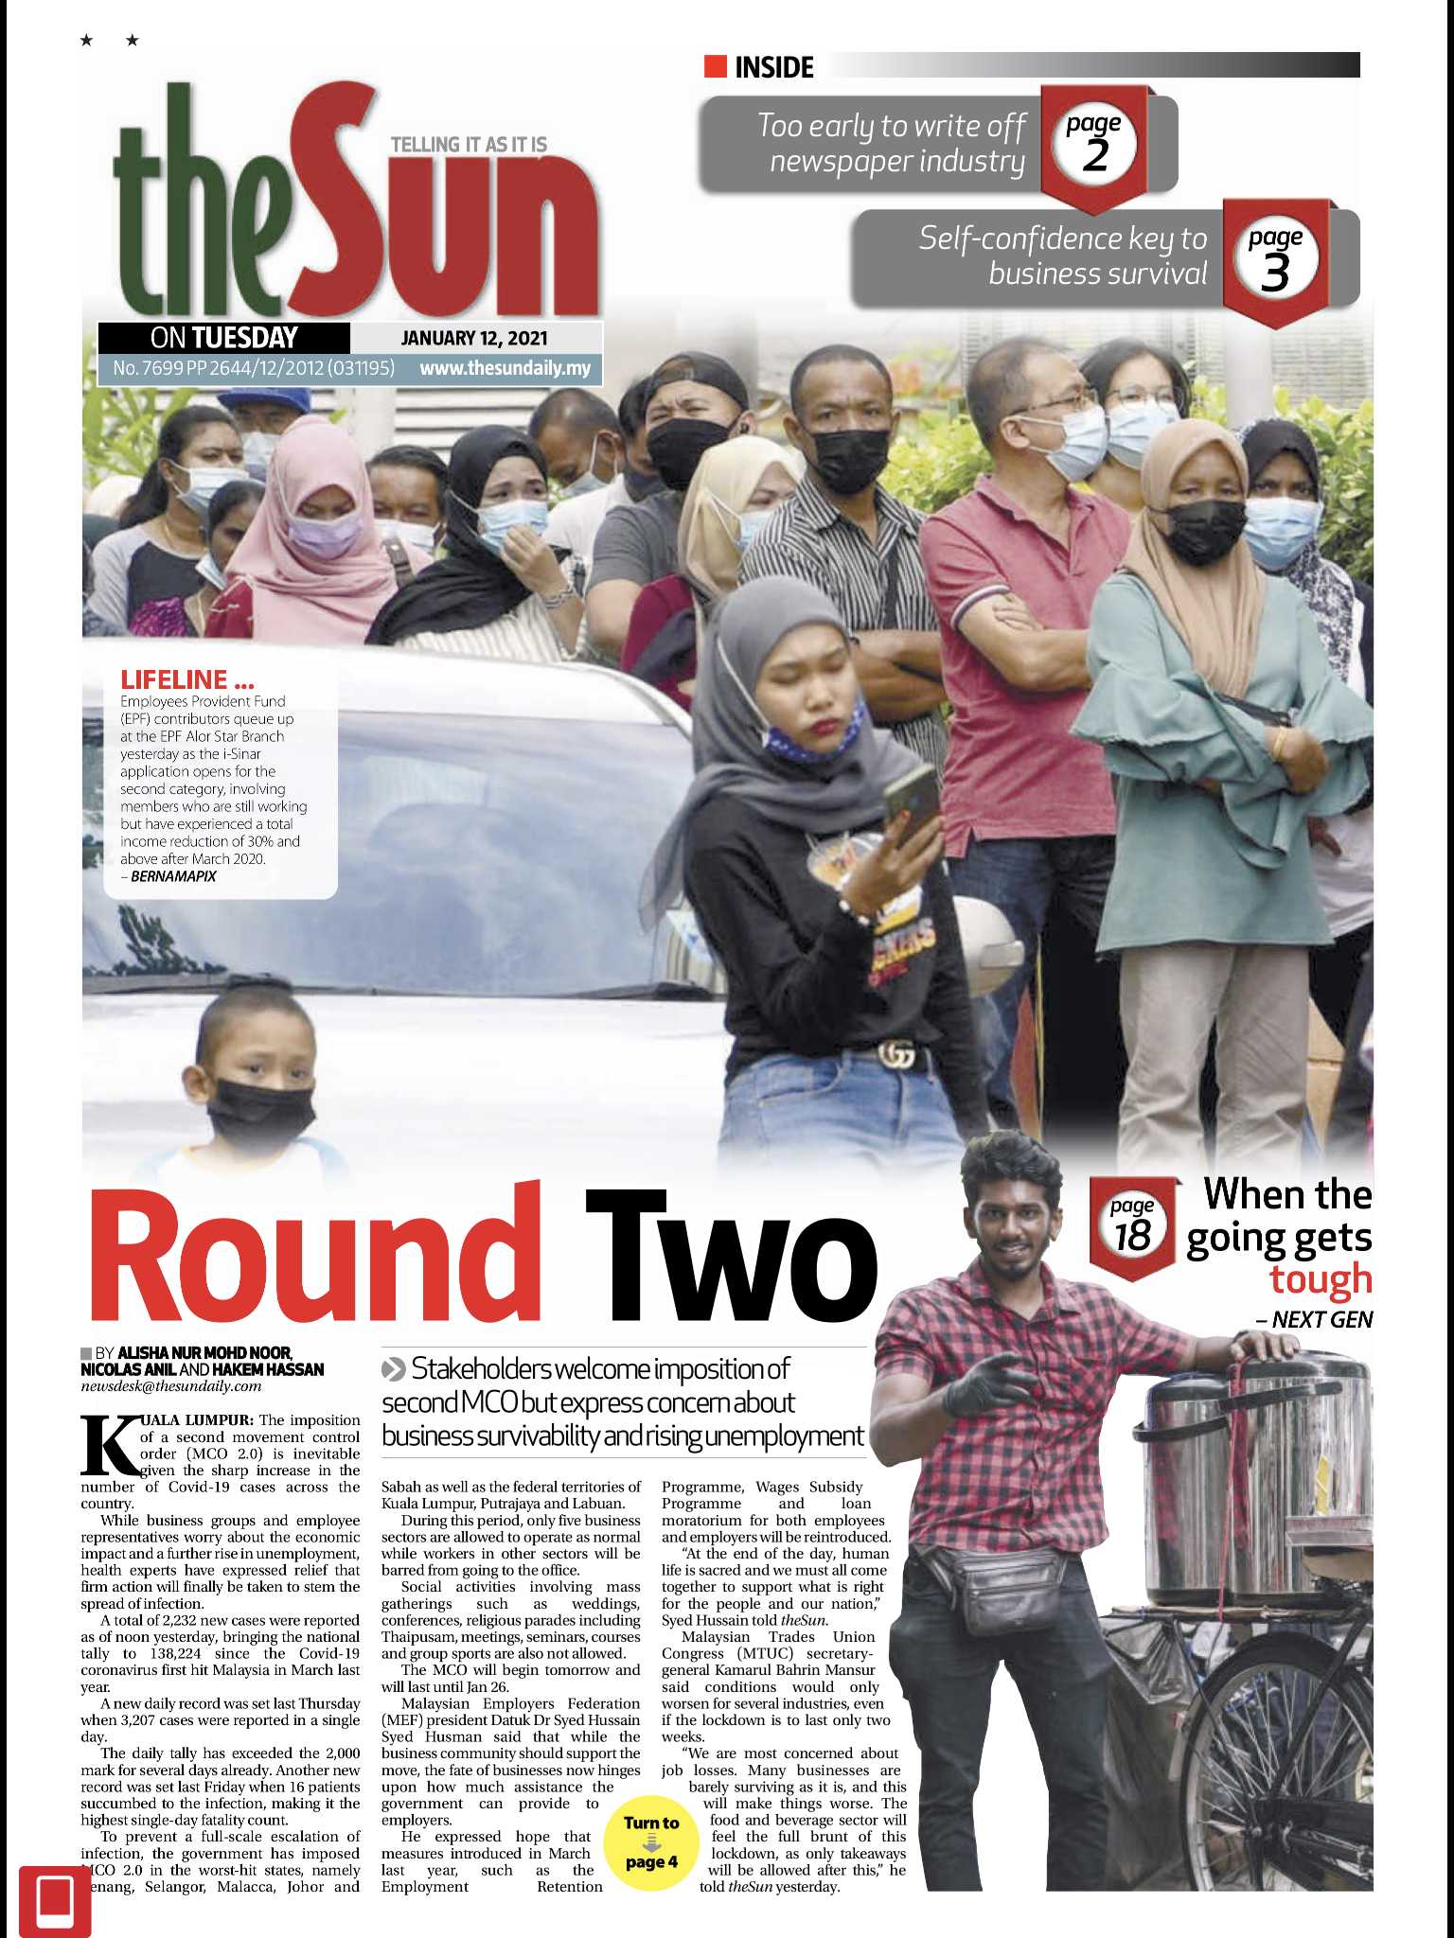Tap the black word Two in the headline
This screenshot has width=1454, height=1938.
pos(729,1254)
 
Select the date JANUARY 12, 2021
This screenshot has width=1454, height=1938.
pos(473,338)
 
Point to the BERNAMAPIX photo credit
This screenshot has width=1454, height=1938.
pos(173,876)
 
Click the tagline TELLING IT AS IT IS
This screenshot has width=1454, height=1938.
pos(469,145)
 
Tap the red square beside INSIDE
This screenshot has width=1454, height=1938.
pos(716,66)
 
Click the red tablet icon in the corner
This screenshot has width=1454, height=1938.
pos(55,1900)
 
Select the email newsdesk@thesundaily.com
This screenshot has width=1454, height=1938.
pos(171,1386)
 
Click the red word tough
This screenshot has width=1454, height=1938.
pos(1321,1278)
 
